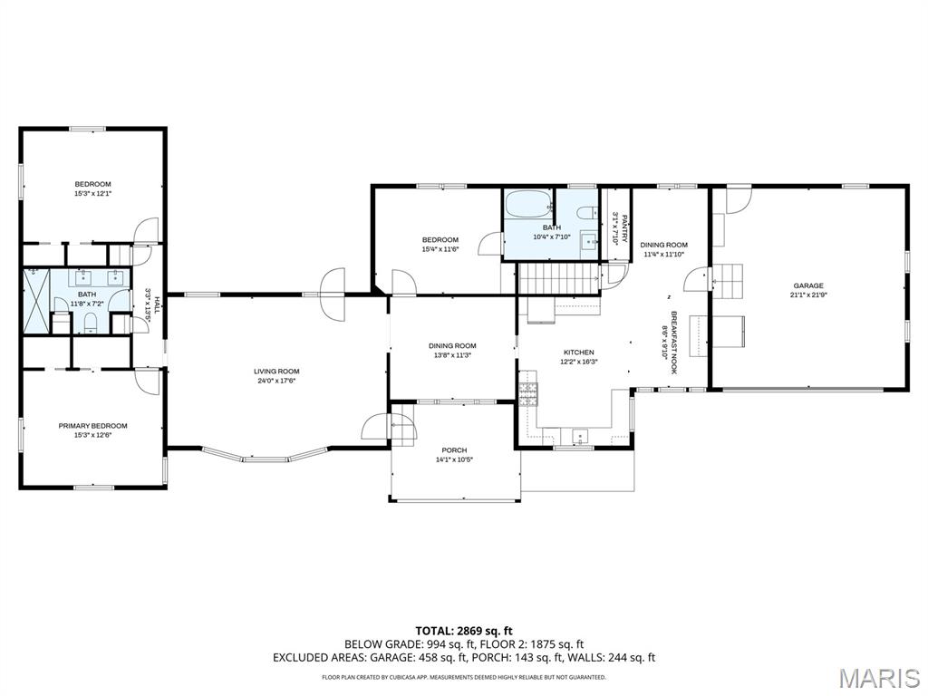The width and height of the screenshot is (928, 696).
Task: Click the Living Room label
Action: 276,372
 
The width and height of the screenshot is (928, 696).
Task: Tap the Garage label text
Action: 807,285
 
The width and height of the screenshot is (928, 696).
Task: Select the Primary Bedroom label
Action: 92,426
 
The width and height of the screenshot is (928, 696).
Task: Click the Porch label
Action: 455,450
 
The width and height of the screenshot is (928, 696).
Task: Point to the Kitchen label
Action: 578,353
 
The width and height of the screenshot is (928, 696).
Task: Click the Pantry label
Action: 623,228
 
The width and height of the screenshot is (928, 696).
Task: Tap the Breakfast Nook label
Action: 673,343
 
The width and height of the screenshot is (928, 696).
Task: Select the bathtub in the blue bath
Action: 528,204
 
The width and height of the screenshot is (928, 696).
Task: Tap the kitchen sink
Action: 580,436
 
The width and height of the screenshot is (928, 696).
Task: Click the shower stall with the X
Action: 36,301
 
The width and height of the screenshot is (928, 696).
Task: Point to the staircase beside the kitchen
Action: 558,278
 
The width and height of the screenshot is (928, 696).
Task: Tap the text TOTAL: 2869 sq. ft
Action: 464,631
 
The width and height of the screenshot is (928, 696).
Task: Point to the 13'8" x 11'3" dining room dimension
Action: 452,355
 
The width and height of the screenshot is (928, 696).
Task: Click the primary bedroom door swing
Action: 148,381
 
